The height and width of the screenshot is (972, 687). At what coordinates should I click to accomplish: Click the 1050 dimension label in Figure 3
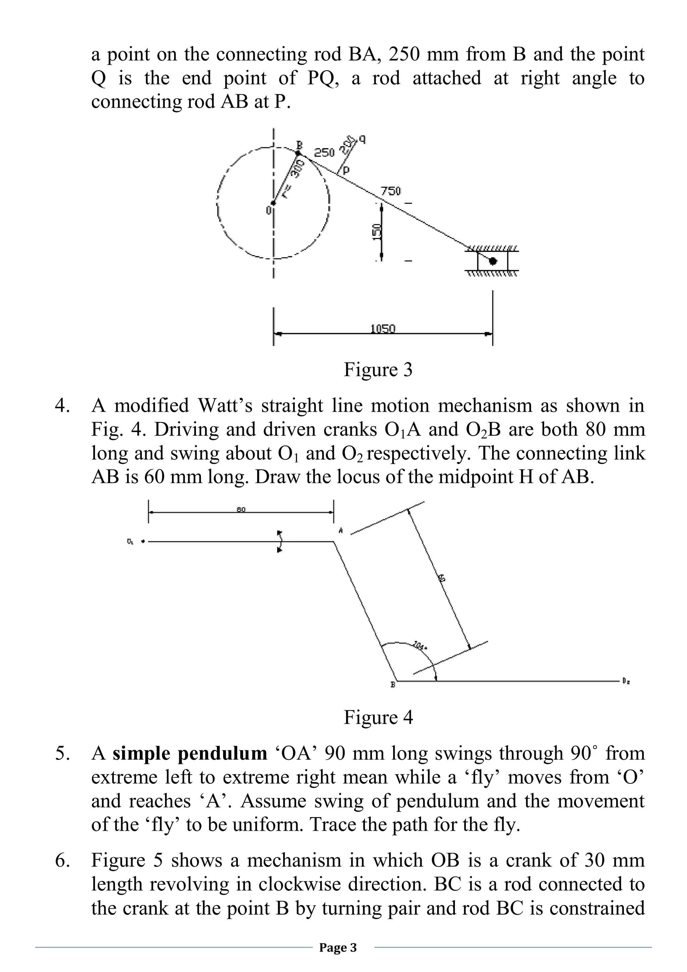(382, 329)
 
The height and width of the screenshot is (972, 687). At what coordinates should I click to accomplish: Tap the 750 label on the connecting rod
(390, 191)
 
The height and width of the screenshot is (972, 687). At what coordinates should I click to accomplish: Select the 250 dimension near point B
(324, 152)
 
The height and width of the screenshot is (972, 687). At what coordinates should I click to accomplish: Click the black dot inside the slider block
(493, 261)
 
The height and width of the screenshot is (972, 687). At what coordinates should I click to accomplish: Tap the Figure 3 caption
(378, 370)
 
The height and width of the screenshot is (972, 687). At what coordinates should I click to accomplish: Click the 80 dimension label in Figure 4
(241, 509)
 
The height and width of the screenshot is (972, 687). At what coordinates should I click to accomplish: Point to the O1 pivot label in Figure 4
(129, 541)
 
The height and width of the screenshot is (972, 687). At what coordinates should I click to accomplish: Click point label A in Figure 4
(340, 530)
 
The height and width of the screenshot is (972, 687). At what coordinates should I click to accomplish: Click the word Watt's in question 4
(225, 405)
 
